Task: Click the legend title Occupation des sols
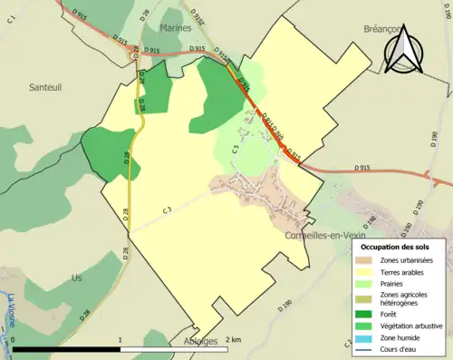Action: coord(394,247)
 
